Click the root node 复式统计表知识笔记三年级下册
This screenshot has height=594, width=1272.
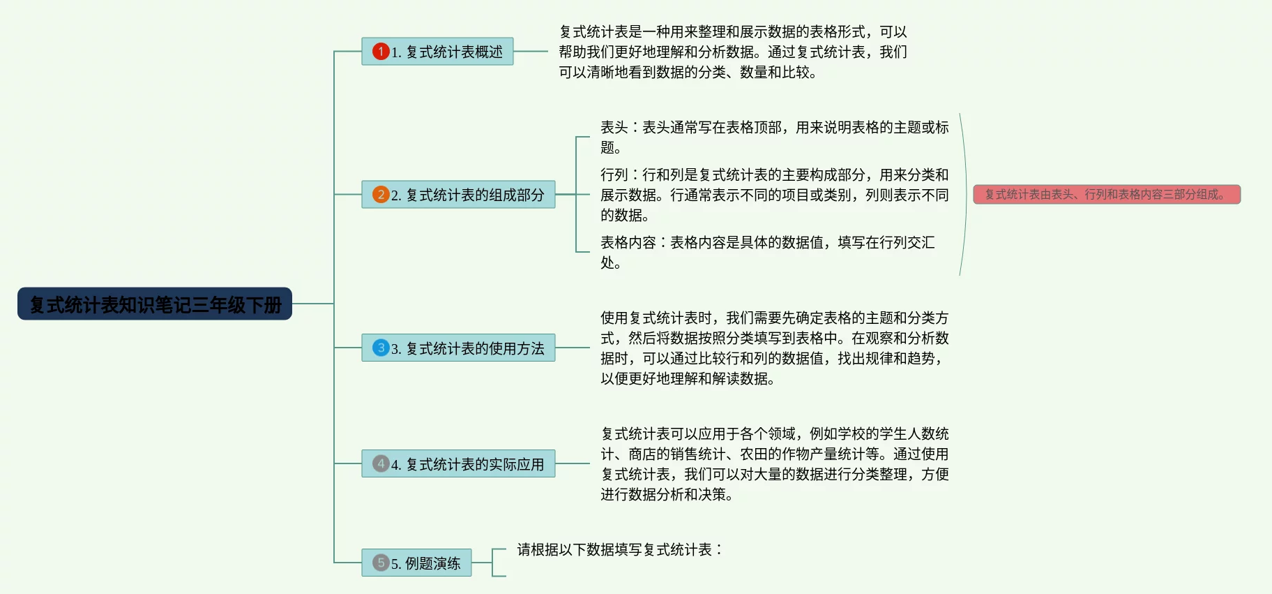click(x=154, y=304)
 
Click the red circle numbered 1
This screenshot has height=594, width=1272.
click(x=381, y=52)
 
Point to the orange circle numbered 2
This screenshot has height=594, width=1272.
click(x=381, y=195)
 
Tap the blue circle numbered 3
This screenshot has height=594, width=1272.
click(x=381, y=348)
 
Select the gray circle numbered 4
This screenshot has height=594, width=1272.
click(x=381, y=463)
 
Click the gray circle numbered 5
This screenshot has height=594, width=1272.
click(x=381, y=563)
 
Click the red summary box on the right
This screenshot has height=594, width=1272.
click(x=1106, y=195)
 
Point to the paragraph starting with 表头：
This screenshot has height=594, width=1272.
click(x=774, y=138)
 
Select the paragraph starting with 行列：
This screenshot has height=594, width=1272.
click(x=774, y=195)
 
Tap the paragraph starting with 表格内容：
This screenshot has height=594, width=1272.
click(x=767, y=252)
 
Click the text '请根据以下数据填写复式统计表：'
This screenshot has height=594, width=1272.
click(x=619, y=550)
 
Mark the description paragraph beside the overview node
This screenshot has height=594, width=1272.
click(x=732, y=52)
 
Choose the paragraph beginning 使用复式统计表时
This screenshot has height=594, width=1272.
click(x=774, y=348)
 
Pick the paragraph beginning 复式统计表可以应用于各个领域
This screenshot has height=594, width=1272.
click(x=774, y=464)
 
